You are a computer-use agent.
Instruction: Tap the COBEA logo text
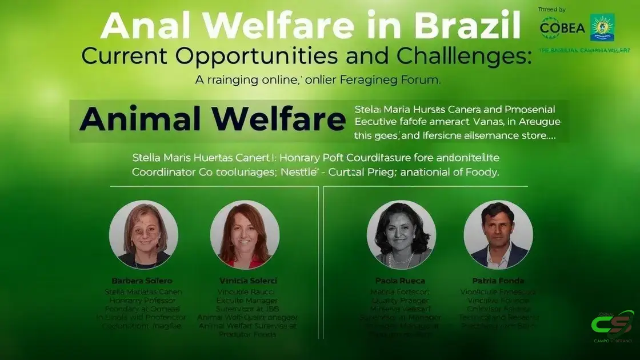[562, 28]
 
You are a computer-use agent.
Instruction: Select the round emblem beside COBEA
[602, 27]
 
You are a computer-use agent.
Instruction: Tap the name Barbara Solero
[142, 281]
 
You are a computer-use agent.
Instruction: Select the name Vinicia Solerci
[248, 281]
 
